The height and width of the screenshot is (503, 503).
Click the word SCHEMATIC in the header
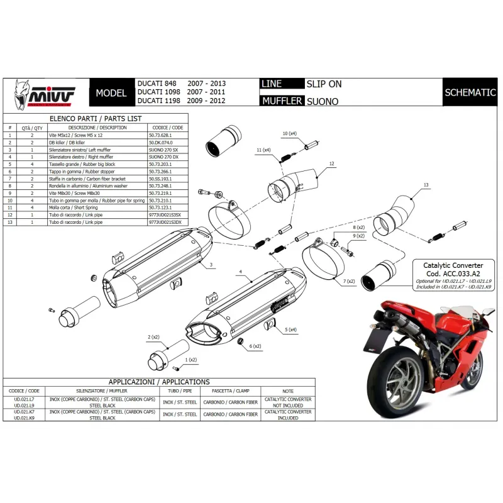[x=470, y=92]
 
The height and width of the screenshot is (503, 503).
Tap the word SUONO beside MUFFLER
[x=322, y=101]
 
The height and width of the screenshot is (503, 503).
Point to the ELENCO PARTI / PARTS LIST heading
[x=96, y=119]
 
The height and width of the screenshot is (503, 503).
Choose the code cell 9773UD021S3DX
[x=165, y=223]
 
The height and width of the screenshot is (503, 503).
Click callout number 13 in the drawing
[x=426, y=185]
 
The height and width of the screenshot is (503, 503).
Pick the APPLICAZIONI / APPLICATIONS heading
[x=159, y=382]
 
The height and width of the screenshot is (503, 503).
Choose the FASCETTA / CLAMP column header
[x=231, y=390]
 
